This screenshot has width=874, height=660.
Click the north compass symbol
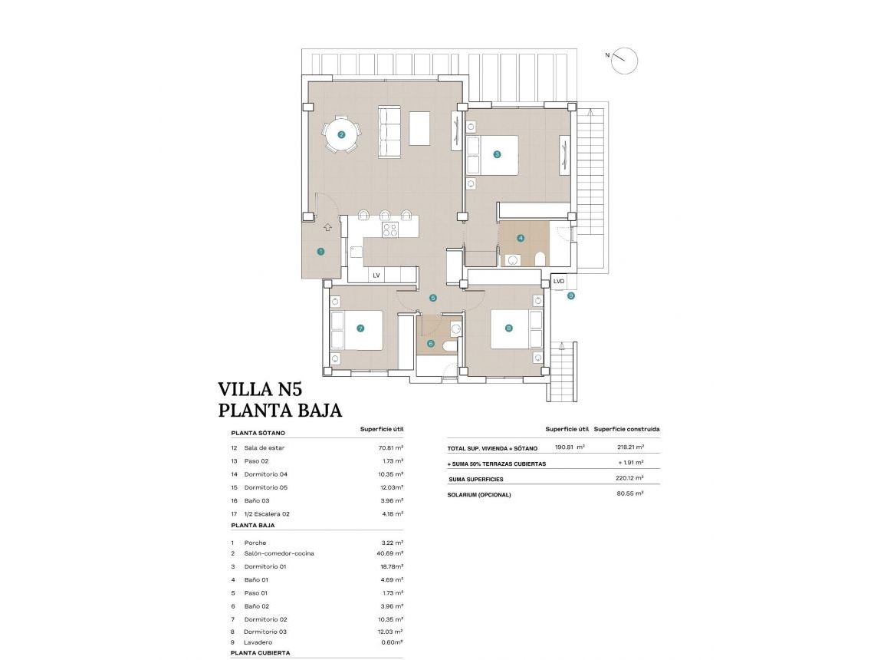point(624,61)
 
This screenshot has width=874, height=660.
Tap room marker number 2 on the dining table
point(341,135)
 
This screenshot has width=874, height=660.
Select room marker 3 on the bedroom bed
point(497,154)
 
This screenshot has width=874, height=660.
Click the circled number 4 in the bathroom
point(521,238)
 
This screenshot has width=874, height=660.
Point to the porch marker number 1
point(320,251)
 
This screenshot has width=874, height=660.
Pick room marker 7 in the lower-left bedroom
point(360,328)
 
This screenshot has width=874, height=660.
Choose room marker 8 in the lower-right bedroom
point(509,328)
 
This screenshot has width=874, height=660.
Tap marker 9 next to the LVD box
point(570,295)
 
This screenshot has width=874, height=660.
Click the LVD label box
point(559,282)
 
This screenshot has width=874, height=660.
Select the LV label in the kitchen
point(376,275)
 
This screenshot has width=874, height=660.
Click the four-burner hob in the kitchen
point(390,229)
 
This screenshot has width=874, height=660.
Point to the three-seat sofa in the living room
point(389,132)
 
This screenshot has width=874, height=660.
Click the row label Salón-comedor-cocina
point(279,553)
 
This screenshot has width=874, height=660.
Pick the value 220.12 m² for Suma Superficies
point(630,478)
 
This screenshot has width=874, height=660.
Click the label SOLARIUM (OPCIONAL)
point(478,495)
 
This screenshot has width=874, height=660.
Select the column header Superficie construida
point(626,429)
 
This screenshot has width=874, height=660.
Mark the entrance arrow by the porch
point(327,227)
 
